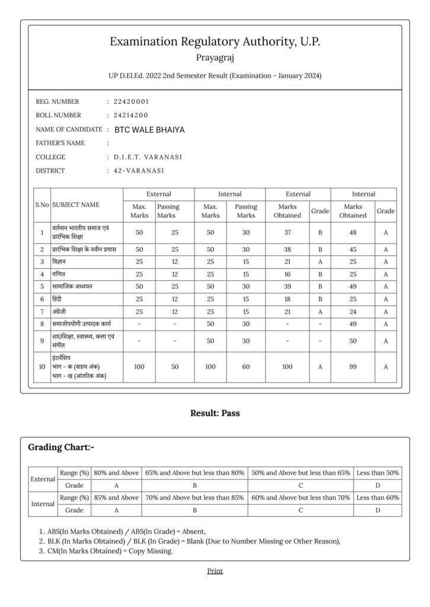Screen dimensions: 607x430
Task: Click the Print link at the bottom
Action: tap(215, 571)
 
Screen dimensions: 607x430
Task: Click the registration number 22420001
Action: tap(131, 101)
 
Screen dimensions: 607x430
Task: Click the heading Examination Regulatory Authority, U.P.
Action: tap(215, 41)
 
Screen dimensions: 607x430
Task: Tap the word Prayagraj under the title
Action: tap(215, 57)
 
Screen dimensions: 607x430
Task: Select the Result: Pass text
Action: tap(215, 413)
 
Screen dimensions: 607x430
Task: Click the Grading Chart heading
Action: tap(61, 447)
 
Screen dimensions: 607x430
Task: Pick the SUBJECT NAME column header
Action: tap(76, 205)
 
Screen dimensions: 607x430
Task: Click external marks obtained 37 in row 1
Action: tap(287, 232)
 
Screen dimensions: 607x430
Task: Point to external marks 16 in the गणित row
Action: tap(287, 274)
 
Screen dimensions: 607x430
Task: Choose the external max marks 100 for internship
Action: tap(139, 367)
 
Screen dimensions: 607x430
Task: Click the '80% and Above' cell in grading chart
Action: tap(116, 472)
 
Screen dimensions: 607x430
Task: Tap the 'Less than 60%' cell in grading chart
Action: tap(377, 497)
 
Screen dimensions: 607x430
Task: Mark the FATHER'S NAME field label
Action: tap(60, 143)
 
